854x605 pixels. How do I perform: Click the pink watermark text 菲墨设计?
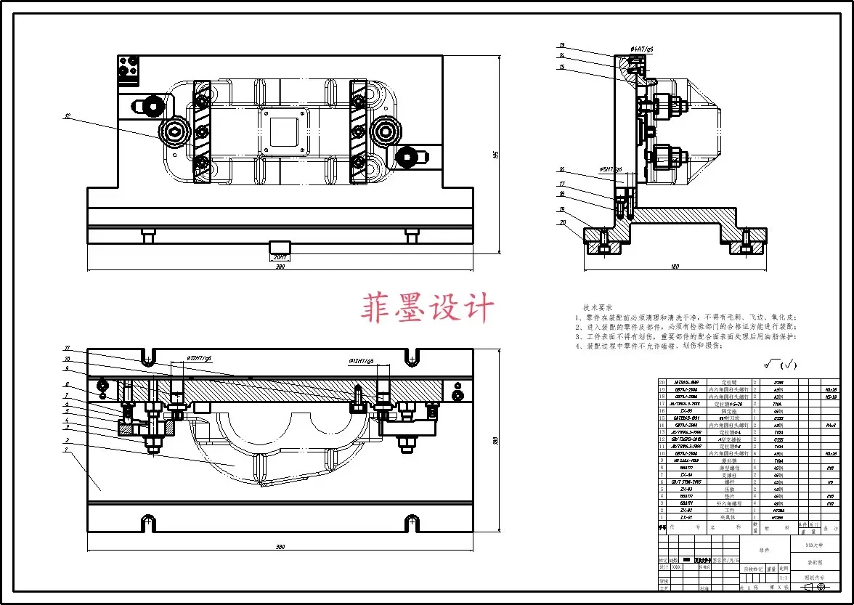pos(427,307)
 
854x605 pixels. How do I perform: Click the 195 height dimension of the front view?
pos(496,154)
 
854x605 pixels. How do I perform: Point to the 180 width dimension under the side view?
pos(675,267)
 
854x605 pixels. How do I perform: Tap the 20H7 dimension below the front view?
pos(280,256)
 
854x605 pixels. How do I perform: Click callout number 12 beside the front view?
pos(67,115)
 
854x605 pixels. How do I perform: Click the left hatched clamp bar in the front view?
pos(200,132)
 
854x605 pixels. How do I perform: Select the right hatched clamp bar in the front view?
pos(358,132)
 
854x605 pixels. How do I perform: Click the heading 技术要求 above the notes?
pos(598,308)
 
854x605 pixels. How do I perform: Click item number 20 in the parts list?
pos(662,383)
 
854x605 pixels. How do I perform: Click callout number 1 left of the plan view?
pos(67,450)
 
